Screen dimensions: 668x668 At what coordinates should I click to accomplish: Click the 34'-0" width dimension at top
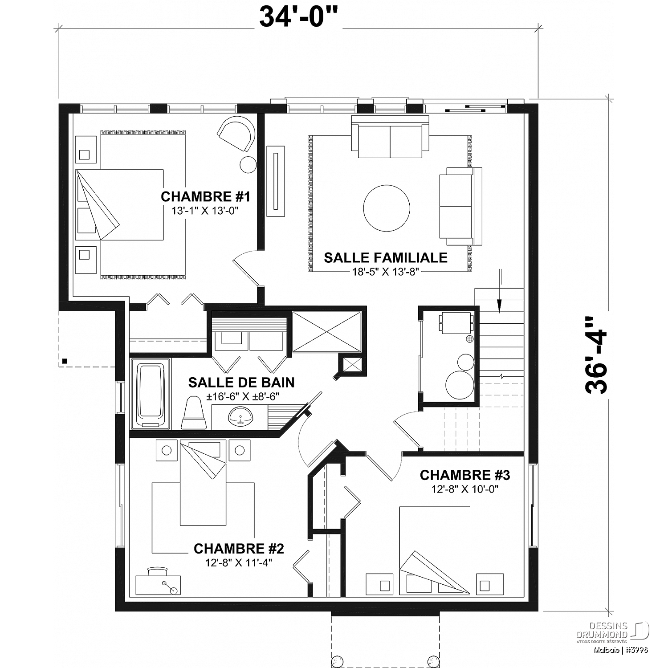point(299,17)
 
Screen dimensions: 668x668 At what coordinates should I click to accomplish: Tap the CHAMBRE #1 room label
point(205,196)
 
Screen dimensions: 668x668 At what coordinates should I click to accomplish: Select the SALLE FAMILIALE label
point(386,257)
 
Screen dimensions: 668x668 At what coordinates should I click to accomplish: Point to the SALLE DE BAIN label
point(241,382)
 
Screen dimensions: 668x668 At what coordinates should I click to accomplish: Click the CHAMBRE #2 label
point(239,548)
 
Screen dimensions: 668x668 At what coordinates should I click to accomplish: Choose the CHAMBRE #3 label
point(465,475)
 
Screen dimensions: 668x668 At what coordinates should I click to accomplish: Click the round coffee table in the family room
point(387,208)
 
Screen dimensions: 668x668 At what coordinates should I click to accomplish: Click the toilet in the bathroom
point(194,414)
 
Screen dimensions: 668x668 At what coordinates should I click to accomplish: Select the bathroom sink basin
point(240,418)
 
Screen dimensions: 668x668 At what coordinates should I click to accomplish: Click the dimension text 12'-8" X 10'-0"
point(465,489)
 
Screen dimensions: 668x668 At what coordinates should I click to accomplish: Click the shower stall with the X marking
point(327,331)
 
